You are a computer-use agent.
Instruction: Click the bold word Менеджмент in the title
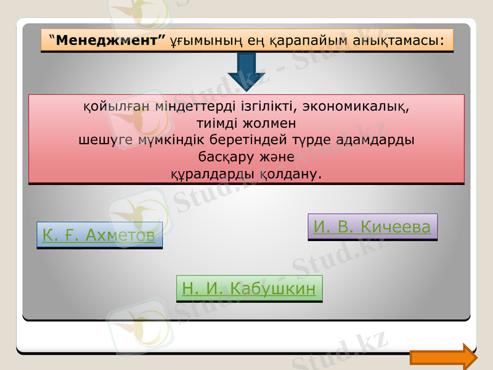(110, 41)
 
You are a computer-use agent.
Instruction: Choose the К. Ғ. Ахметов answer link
(99, 235)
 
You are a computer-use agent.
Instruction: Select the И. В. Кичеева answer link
(372, 227)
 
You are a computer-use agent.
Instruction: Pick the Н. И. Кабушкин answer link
(249, 288)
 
